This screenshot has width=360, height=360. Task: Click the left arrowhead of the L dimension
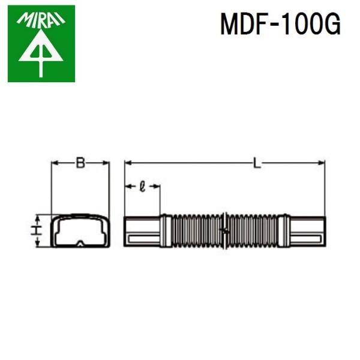128,163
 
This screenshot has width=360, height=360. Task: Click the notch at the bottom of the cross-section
80,244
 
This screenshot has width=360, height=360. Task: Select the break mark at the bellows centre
224,231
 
